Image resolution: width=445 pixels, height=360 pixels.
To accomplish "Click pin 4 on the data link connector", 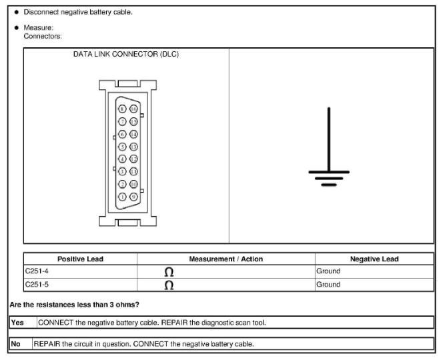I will (x=122, y=159).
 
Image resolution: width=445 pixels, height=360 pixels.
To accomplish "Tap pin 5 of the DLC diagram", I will (x=122, y=146).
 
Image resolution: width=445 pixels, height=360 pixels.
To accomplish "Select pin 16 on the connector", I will (x=133, y=109).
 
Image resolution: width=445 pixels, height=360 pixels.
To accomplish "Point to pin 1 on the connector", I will (x=122, y=196).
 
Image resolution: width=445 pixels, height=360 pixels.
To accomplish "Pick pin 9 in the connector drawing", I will (x=133, y=196).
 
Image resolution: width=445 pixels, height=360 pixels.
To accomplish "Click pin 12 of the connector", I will (x=133, y=159).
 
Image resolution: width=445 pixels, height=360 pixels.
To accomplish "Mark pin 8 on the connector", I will (x=122, y=109).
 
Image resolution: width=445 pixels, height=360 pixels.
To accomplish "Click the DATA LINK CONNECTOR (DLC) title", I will (x=125, y=55).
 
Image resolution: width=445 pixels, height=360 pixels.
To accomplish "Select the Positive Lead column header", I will (x=80, y=259).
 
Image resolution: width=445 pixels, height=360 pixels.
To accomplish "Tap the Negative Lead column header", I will (x=374, y=259).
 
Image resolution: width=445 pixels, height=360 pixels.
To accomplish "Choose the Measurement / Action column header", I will (x=226, y=259).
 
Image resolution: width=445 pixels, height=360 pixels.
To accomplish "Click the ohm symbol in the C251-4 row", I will (x=169, y=272).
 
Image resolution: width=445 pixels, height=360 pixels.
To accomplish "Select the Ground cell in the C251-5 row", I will (x=328, y=284).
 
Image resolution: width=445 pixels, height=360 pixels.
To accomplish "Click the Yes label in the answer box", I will (x=17, y=323).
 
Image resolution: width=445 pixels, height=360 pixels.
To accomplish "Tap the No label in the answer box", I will (x=16, y=344).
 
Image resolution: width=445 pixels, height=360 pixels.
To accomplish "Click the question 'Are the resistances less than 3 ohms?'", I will (x=74, y=305).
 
